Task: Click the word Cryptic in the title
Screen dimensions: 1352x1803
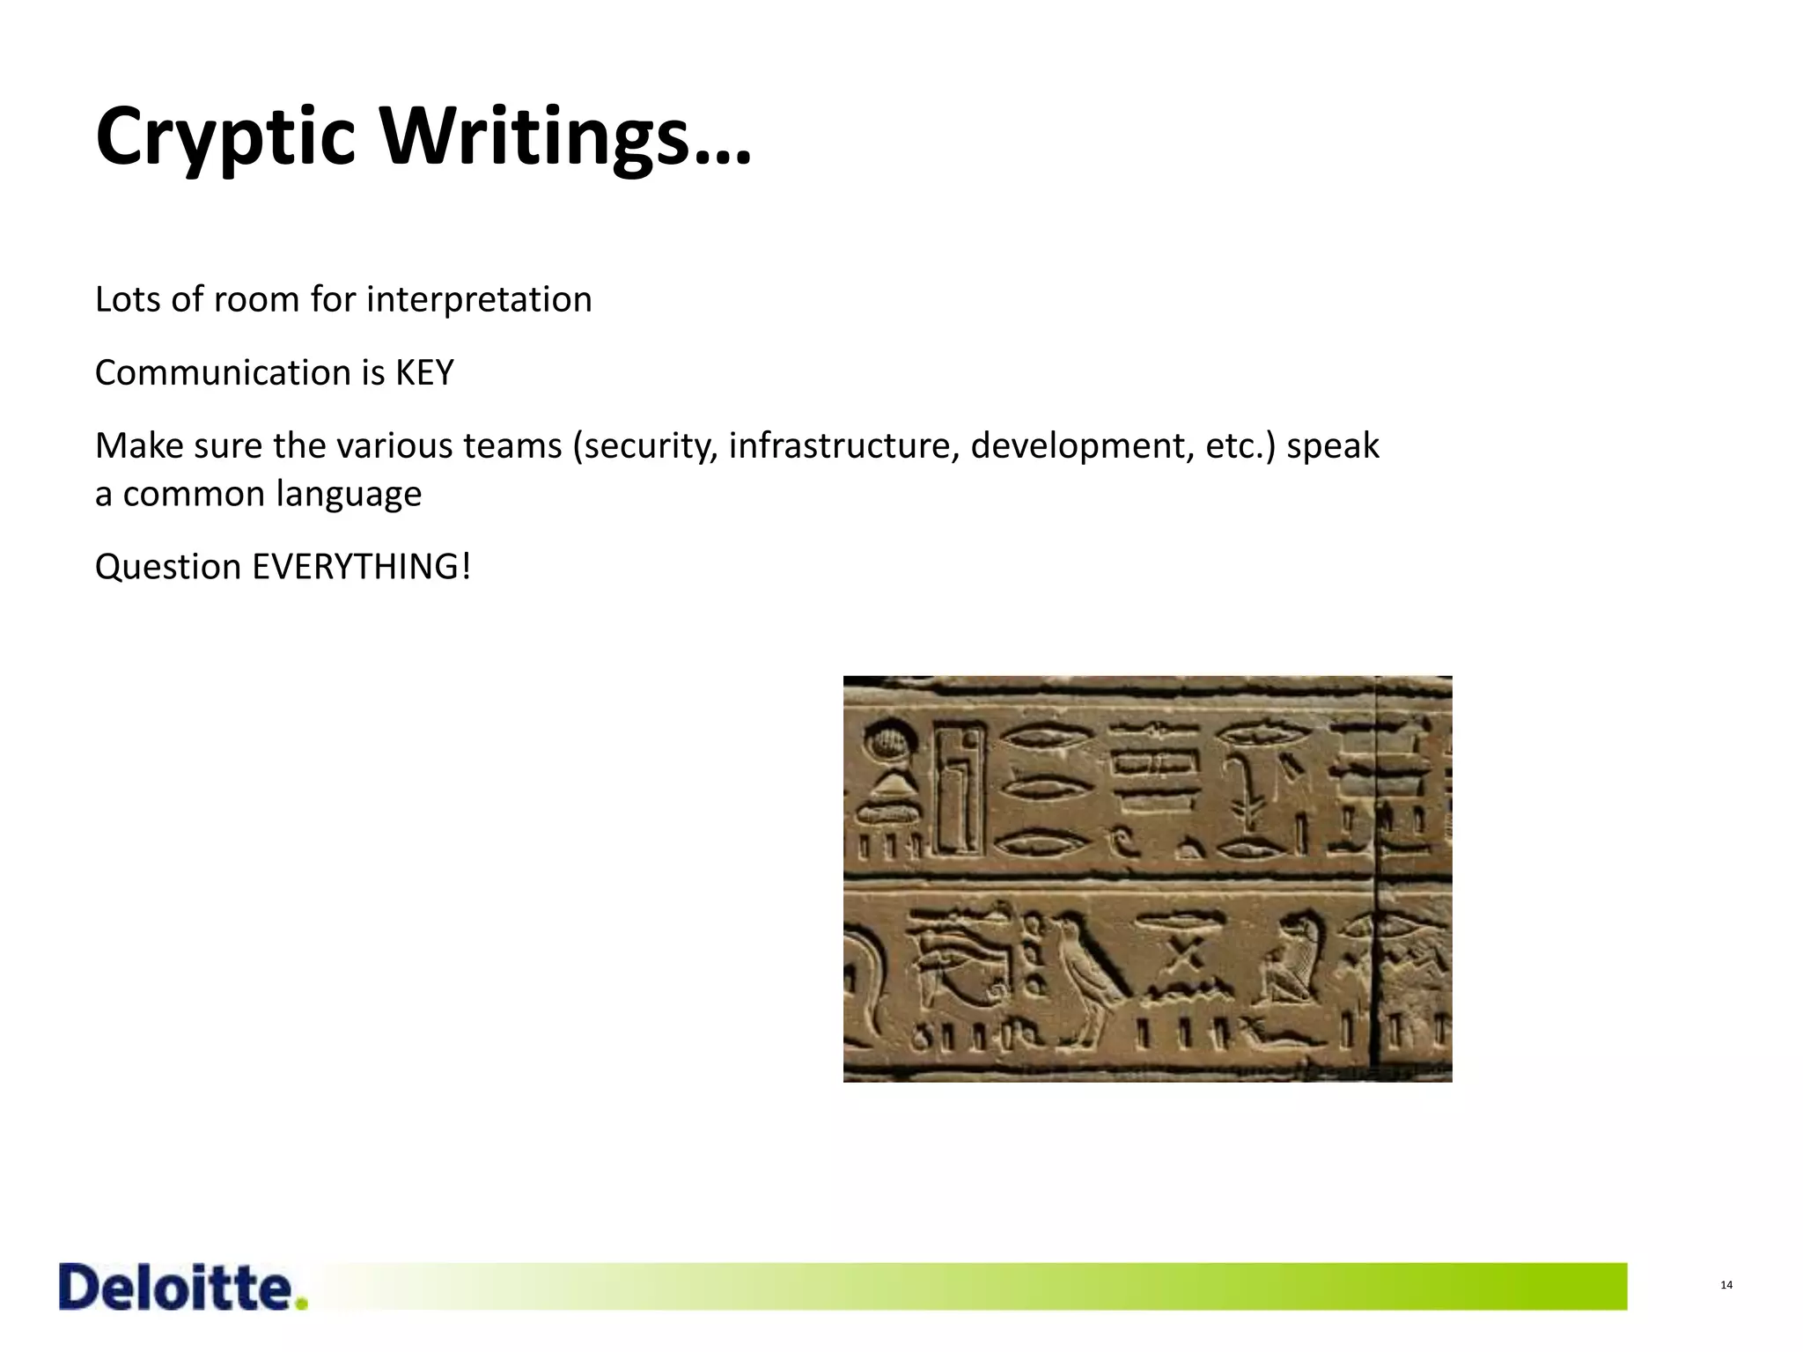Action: tap(225, 139)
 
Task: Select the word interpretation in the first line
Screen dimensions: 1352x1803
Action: tap(478, 300)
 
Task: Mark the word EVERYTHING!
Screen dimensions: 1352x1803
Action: tap(361, 567)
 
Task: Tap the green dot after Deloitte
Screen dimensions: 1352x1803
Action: tap(302, 1304)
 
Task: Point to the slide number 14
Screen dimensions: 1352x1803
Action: tap(1726, 1286)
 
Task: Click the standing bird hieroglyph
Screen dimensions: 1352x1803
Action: tap(1088, 973)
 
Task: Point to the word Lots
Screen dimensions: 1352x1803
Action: tap(126, 300)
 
